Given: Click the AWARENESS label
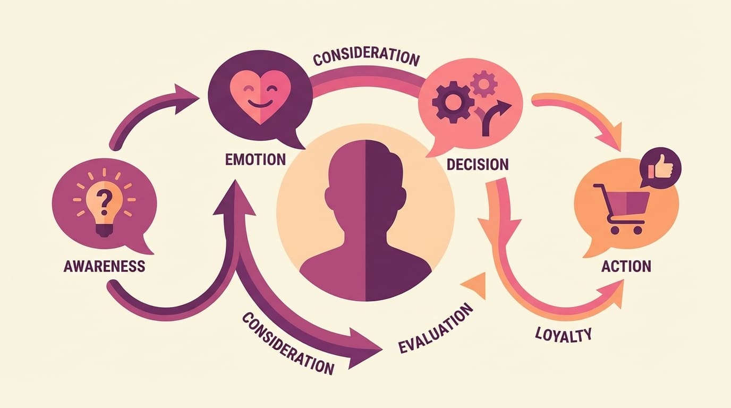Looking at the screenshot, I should point(104,266).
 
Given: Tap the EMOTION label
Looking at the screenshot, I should point(256,159).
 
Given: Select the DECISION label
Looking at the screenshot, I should point(477,164).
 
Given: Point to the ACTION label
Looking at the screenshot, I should point(626,266).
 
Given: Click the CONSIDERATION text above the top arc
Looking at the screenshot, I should point(366,57).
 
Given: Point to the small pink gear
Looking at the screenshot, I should point(484,84).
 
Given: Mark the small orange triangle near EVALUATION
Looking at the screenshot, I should point(477,287).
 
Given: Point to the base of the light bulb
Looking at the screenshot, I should point(104,229).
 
